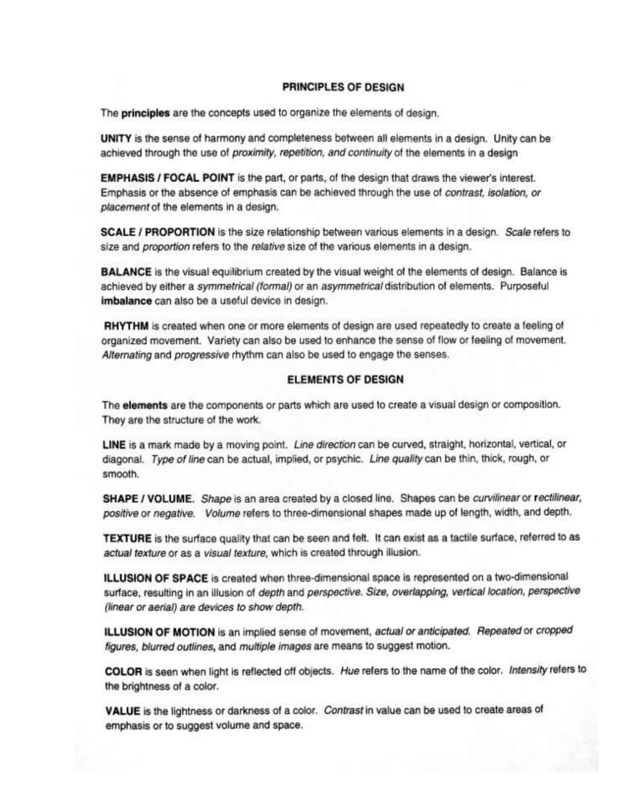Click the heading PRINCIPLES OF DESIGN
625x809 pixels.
[343, 88]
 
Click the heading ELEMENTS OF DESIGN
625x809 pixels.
[345, 380]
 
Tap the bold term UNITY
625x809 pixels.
[116, 139]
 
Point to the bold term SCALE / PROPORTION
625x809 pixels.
[158, 233]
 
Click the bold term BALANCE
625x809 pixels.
[126, 272]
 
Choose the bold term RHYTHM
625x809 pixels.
[127, 326]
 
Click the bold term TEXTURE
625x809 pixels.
[127, 538]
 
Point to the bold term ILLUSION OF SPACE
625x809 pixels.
[156, 578]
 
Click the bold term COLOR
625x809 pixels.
[124, 672]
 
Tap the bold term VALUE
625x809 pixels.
[123, 711]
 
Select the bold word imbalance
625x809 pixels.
[126, 301]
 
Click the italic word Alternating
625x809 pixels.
[127, 355]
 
